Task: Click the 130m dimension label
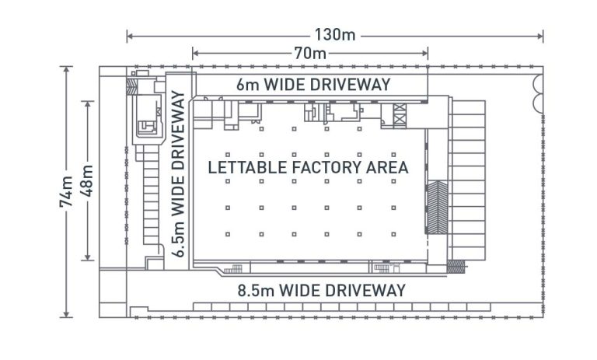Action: [335, 35]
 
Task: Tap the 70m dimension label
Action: [310, 54]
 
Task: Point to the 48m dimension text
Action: [87, 181]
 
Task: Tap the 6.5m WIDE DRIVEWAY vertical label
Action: [180, 175]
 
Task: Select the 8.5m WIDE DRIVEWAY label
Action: [322, 291]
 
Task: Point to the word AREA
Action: [388, 166]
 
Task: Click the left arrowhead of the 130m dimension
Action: [130, 36]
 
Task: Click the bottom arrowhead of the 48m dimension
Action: [87, 259]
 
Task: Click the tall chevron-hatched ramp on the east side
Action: [438, 207]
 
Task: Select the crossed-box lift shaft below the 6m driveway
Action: [400, 115]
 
